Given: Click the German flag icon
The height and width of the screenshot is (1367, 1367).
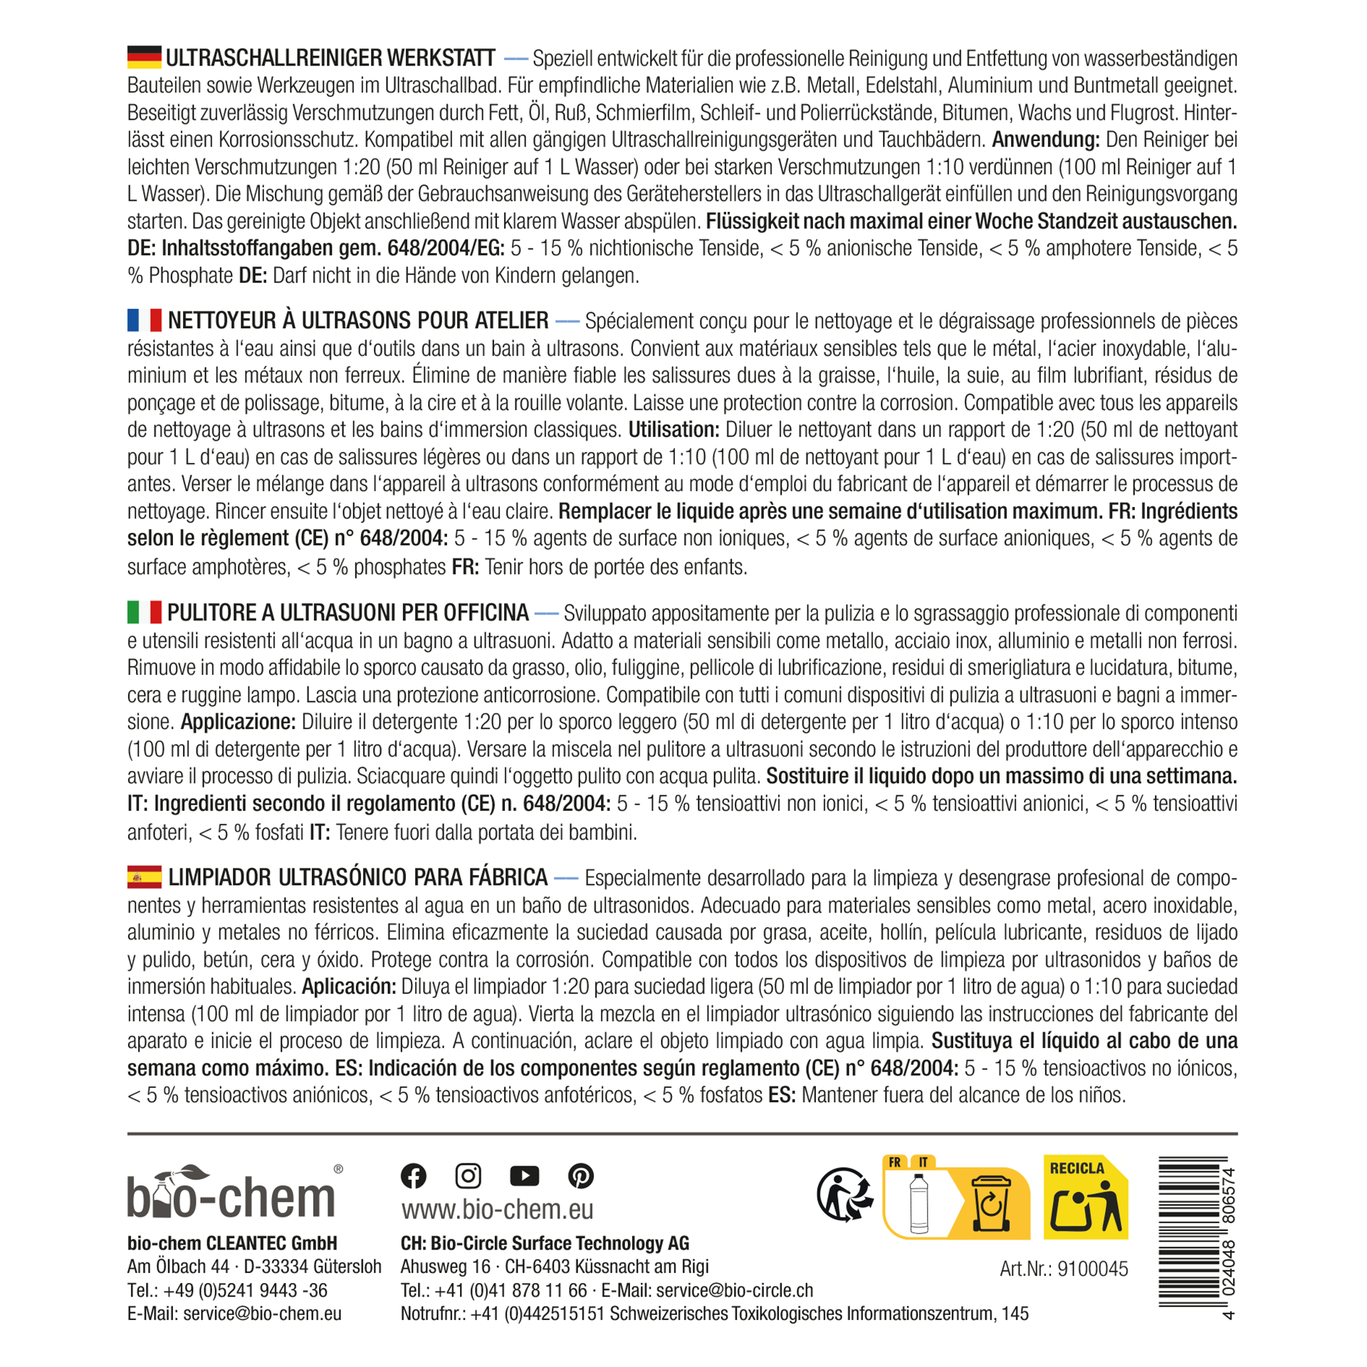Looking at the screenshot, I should click(144, 57).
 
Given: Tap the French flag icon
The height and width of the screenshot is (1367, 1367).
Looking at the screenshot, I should click(144, 320).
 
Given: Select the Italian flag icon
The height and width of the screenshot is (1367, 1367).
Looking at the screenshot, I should click(144, 612).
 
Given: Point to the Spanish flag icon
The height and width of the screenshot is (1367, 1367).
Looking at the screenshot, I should click(144, 876).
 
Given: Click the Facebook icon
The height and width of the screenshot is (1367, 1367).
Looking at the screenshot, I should click(414, 1175).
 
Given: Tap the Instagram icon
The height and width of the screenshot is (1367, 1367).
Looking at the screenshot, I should click(468, 1175).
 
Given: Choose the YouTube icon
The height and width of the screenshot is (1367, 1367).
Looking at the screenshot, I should click(525, 1175).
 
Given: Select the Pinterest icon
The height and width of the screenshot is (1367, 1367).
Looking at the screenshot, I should click(581, 1175).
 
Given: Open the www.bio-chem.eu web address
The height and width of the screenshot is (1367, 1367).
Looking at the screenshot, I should click(497, 1209).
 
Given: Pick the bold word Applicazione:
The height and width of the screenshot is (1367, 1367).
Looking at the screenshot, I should click(238, 722).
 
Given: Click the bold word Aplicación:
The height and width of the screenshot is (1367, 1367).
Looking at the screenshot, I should click(349, 987).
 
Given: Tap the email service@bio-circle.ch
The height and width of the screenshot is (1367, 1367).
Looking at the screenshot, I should click(734, 1291).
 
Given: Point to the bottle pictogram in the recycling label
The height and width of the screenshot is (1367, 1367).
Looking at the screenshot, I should click(919, 1203).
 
